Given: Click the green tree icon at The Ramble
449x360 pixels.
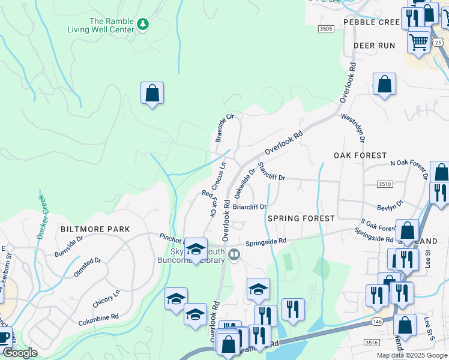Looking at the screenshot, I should (x=142, y=25).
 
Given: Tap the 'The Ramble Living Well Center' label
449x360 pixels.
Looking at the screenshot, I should (x=112, y=25).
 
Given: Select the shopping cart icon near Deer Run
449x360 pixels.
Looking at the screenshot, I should (x=418, y=41).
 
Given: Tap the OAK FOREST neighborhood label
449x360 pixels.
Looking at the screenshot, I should (x=360, y=155).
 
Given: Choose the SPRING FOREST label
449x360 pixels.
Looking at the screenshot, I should (x=301, y=218).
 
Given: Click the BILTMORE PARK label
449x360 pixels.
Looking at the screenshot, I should (x=87, y=229).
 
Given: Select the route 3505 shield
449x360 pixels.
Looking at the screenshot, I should (x=326, y=28).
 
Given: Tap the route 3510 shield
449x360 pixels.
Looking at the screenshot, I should (x=385, y=184).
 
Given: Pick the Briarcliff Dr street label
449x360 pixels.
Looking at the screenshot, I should (x=249, y=207).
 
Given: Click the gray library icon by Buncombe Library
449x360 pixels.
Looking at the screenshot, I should (x=234, y=256).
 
